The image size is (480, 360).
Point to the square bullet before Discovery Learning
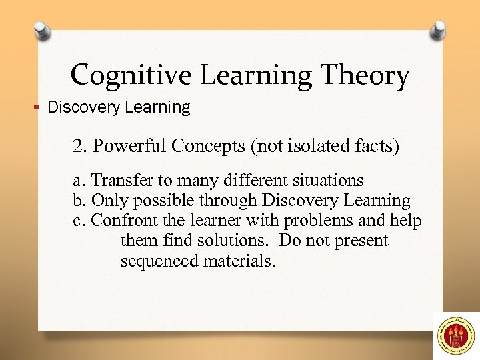(39, 108)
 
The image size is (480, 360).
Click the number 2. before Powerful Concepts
(79, 146)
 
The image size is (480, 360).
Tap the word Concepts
(199, 146)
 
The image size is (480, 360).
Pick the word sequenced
(151, 261)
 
